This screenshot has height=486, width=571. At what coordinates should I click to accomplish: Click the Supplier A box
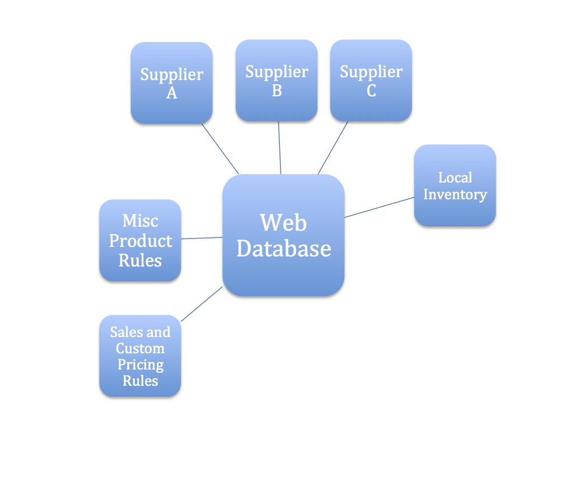tap(171, 83)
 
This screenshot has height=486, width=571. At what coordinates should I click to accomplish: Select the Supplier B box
tap(277, 80)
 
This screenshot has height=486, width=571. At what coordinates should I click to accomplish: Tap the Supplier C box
tap(371, 80)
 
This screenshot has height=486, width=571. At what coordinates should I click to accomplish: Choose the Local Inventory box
tap(455, 185)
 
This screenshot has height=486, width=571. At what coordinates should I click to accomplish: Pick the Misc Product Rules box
tap(140, 240)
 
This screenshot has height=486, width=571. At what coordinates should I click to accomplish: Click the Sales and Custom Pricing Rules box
tap(140, 356)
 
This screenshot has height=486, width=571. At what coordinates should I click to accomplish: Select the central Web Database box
tap(283, 235)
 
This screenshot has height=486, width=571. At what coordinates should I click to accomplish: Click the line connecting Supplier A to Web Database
tap(220, 149)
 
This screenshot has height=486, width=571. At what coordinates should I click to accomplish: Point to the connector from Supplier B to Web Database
tap(279, 148)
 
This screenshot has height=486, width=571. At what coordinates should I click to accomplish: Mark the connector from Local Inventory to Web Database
tap(380, 207)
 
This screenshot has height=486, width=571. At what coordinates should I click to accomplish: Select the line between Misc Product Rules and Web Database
tap(202, 238)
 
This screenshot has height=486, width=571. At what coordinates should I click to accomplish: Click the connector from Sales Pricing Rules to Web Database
tap(202, 304)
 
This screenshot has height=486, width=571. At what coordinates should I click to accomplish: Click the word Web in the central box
tap(283, 223)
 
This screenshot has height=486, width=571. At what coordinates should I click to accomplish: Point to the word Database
tap(283, 248)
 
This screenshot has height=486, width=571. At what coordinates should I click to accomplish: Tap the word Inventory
tap(455, 194)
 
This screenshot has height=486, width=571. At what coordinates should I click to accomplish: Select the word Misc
tap(140, 221)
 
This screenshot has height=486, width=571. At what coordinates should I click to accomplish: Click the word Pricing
tap(140, 364)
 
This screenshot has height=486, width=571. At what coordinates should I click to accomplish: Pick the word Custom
tap(140, 348)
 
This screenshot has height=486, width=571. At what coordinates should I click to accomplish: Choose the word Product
tap(140, 241)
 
